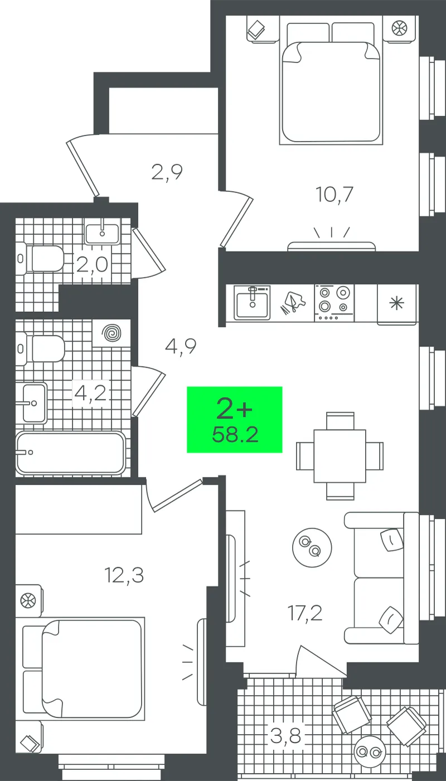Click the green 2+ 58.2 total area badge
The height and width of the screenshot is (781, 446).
pyautogui.click(x=235, y=420)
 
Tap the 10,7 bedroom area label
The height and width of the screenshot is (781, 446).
pyautogui.click(x=334, y=194)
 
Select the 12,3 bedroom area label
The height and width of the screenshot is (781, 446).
pyautogui.click(x=124, y=575)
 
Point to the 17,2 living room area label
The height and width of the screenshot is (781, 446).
pyautogui.click(x=305, y=613)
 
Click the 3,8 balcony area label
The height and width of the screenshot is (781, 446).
pyautogui.click(x=285, y=736)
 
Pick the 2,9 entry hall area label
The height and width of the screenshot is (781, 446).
pyautogui.click(x=167, y=172)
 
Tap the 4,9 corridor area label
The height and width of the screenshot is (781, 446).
pyautogui.click(x=181, y=346)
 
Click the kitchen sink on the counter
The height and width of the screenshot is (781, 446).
pyautogui.click(x=252, y=302)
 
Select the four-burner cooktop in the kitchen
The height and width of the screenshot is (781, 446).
pyautogui.click(x=334, y=302)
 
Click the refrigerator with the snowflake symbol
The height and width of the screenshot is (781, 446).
pyautogui.click(x=397, y=305)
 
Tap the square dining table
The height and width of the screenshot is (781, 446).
pyautogui.click(x=340, y=456)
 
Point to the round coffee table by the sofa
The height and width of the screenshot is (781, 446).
pyautogui.click(x=312, y=547)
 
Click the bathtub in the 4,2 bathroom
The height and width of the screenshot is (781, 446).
pyautogui.click(x=70, y=453)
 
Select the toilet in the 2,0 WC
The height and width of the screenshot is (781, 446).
pyautogui.click(x=40, y=259)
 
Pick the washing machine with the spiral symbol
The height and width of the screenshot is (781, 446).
pyautogui.click(x=111, y=333)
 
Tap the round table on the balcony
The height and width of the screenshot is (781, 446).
pyautogui.click(x=370, y=752)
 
